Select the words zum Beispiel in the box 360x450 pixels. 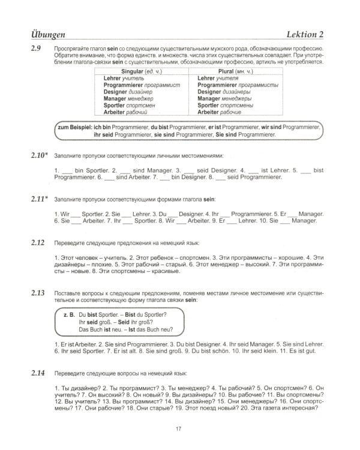pos(74,128)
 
